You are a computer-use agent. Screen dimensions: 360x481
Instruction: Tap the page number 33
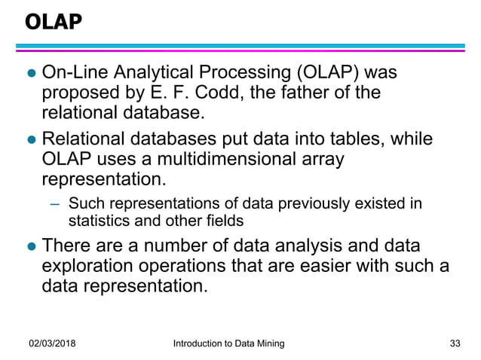pos(454,343)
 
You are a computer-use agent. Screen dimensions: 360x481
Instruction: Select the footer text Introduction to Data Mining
pos(228,343)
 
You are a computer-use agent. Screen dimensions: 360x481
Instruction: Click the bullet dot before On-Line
pos(31,75)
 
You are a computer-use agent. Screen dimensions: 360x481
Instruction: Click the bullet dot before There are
pos(31,247)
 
